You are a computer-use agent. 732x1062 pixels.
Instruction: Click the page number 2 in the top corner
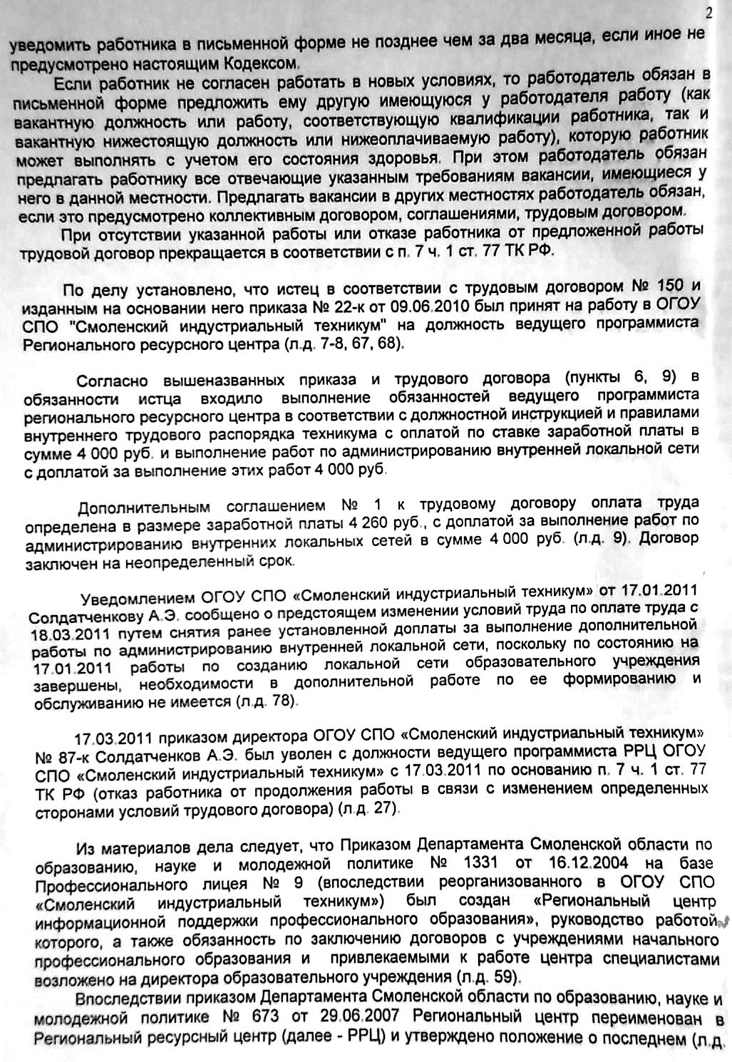(708, 11)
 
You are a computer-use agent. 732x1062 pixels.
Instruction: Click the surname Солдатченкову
(87, 616)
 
